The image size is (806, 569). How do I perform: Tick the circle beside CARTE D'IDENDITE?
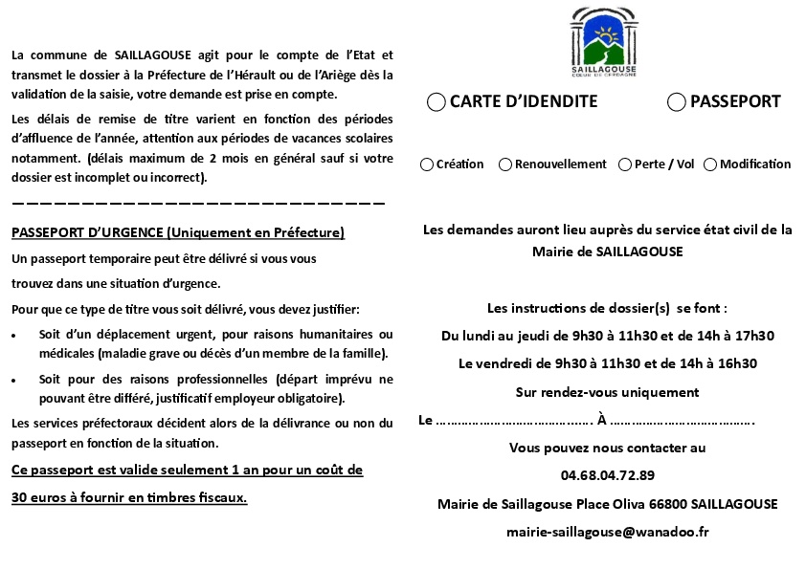click(x=437, y=102)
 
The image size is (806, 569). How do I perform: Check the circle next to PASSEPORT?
click(x=677, y=102)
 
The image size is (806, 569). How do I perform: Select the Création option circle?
click(x=427, y=164)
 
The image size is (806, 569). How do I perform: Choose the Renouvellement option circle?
click(x=505, y=164)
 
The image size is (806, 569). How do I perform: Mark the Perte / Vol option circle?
click(x=625, y=164)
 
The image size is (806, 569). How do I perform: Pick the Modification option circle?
click(x=710, y=164)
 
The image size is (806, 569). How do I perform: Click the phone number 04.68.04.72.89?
click(x=608, y=475)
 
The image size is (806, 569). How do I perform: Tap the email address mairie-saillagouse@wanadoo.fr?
click(x=607, y=532)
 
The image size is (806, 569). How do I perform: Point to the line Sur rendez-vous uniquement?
click(x=607, y=392)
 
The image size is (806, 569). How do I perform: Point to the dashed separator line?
click(x=198, y=204)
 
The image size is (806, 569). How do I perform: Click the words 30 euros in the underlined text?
click(x=34, y=497)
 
